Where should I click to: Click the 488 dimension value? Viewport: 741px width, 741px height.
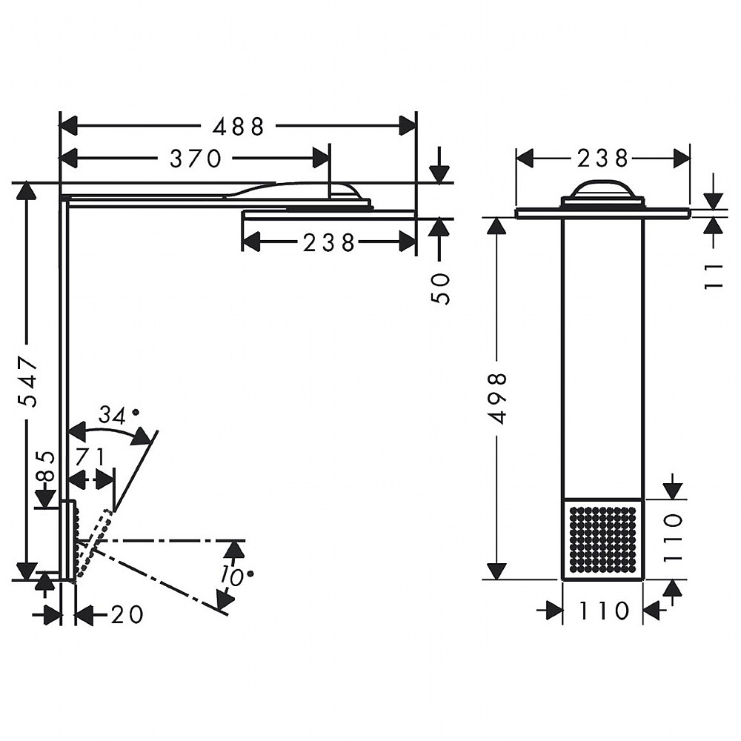(x=238, y=127)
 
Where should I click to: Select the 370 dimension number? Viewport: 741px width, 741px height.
(x=195, y=159)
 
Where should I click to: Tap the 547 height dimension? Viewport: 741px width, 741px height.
(x=27, y=381)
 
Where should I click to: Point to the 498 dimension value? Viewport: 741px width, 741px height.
(x=498, y=398)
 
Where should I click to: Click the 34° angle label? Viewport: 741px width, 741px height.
(x=118, y=416)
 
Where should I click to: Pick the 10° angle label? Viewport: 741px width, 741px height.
(x=237, y=576)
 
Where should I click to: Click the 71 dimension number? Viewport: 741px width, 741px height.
(x=90, y=456)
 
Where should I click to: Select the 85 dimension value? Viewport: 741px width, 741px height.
(x=46, y=466)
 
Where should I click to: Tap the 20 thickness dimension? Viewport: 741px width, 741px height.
(x=126, y=614)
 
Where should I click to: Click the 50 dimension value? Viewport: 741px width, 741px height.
(x=440, y=288)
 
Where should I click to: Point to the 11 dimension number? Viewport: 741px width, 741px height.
(x=714, y=277)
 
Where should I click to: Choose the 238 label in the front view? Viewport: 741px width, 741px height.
(x=602, y=159)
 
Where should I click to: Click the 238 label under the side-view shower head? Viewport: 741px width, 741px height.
(x=329, y=242)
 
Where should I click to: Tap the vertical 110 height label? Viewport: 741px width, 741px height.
(x=673, y=537)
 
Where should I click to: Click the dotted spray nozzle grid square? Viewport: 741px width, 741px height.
(x=602, y=539)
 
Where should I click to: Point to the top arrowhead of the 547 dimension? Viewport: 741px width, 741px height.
(x=27, y=191)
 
